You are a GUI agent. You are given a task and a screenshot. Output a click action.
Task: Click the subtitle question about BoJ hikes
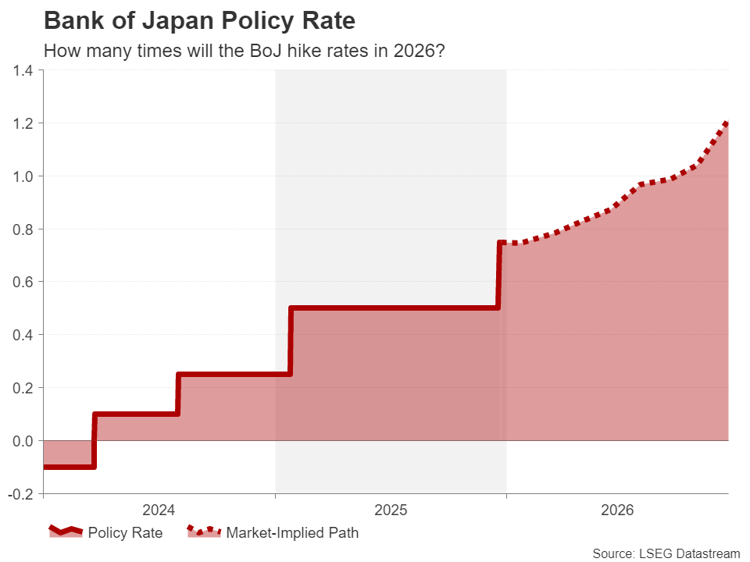244,52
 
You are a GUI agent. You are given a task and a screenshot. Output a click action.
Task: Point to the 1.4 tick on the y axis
22,71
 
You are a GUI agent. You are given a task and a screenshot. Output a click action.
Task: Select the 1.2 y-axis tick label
22,123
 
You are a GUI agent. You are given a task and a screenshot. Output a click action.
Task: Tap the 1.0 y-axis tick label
22,176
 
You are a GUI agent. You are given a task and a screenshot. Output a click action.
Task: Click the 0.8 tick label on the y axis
22,229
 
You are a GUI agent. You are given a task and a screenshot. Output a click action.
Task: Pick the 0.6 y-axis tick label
22,283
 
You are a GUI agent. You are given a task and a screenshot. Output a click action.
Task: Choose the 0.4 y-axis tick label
22,336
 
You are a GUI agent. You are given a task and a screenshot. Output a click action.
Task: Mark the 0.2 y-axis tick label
22,388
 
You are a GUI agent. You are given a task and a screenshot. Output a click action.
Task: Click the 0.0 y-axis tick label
22,441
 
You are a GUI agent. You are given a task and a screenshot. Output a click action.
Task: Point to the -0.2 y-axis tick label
20,494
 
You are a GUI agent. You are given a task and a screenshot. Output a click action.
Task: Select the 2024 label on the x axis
159,511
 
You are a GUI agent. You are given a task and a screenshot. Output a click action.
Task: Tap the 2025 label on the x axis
391,511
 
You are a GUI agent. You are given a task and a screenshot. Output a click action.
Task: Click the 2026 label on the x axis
617,511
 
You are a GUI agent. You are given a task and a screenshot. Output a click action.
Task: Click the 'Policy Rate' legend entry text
125,534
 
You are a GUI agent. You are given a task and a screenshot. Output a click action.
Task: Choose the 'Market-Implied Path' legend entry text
292,534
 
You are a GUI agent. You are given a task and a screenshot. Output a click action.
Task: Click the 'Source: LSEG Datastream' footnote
666,553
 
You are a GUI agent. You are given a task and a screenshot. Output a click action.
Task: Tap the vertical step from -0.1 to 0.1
94,440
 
